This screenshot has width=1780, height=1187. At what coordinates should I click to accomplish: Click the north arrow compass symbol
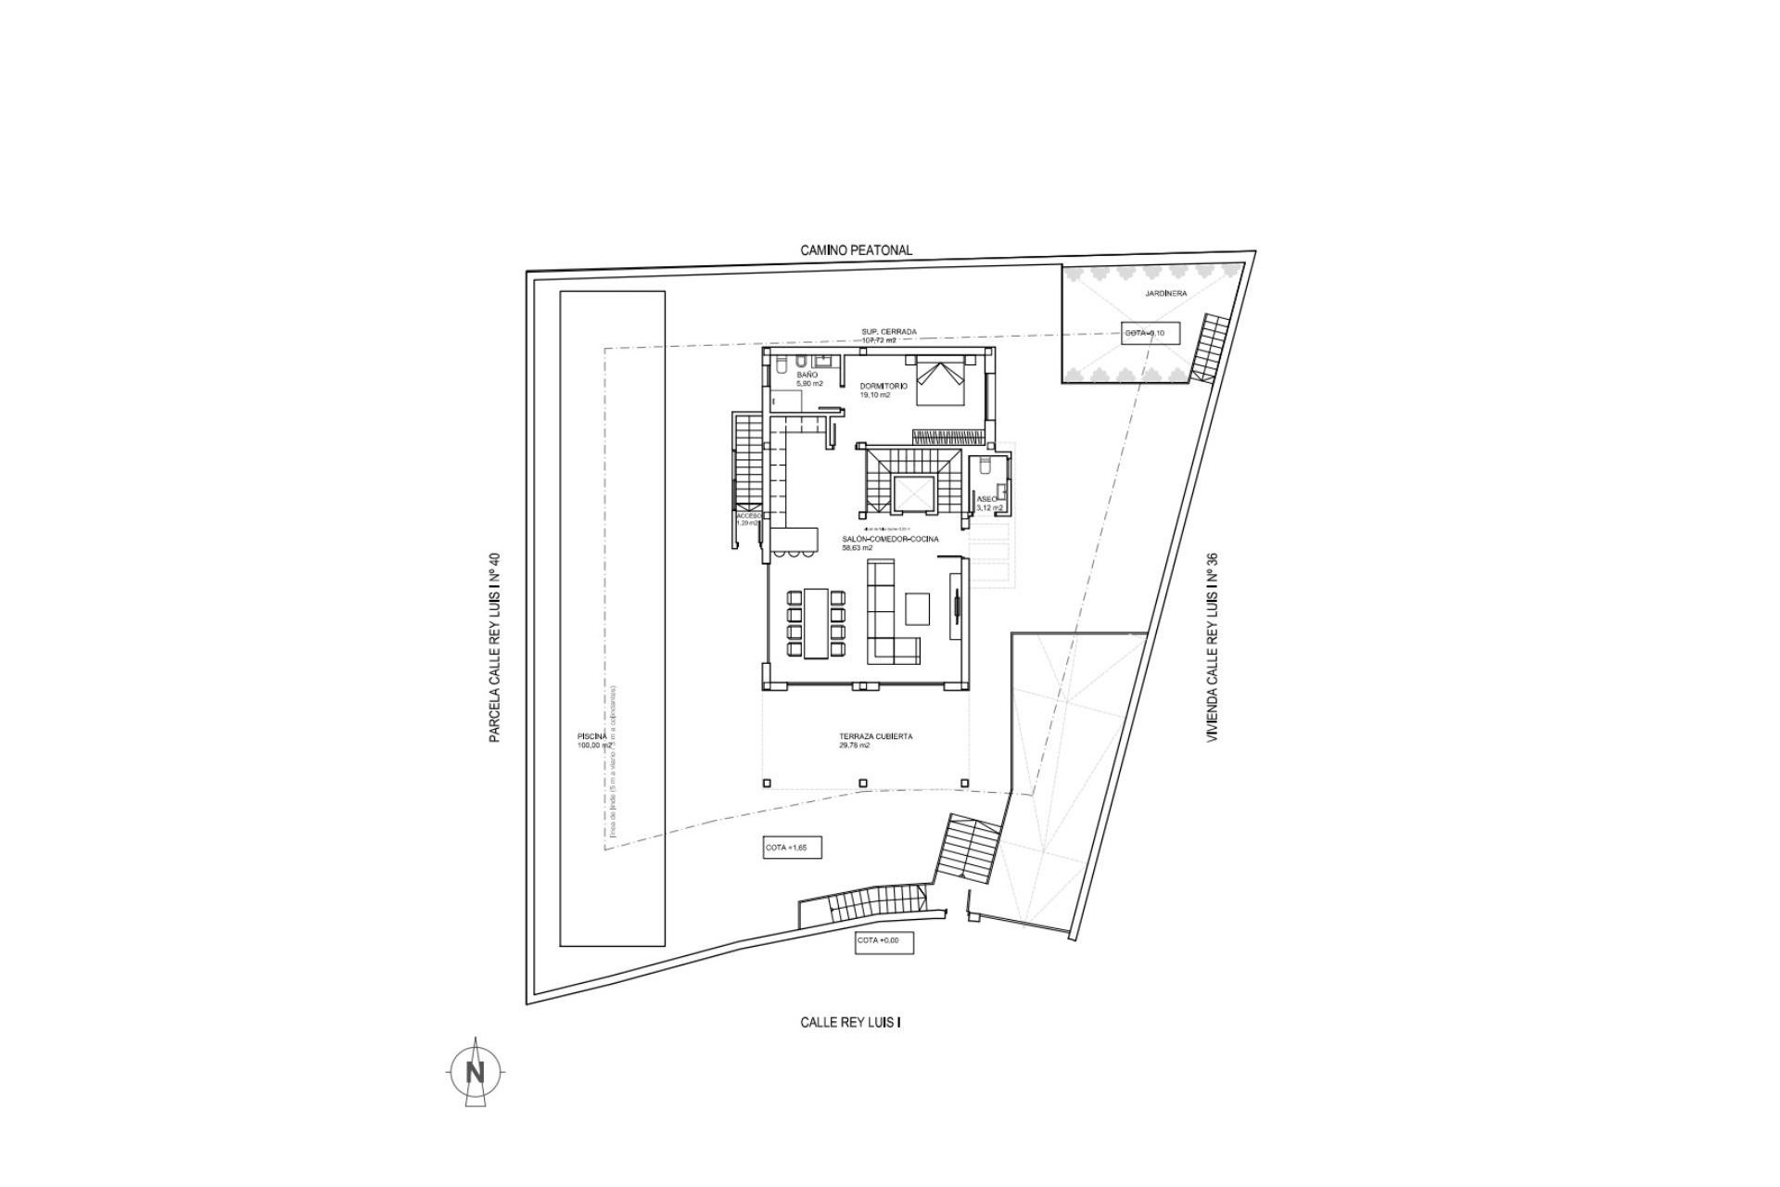476,1073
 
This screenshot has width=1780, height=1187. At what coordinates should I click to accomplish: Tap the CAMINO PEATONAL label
856,250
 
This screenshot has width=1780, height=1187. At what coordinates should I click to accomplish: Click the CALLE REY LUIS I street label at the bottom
850,1022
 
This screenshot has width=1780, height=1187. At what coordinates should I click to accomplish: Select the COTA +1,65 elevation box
792,848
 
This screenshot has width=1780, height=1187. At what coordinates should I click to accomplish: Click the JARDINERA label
1164,293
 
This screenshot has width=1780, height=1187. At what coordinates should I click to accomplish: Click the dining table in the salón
816,621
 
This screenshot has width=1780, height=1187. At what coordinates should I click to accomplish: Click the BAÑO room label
807,375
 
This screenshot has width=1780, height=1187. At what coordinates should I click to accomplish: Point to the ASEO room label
986,499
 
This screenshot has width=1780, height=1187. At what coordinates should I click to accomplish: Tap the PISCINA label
591,736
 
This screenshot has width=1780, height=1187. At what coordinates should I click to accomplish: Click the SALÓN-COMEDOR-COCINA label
889,539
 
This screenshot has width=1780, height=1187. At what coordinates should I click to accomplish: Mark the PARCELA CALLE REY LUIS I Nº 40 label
495,648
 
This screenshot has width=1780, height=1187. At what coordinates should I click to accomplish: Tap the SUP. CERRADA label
888,331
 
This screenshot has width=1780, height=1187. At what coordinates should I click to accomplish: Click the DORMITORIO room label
882,386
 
